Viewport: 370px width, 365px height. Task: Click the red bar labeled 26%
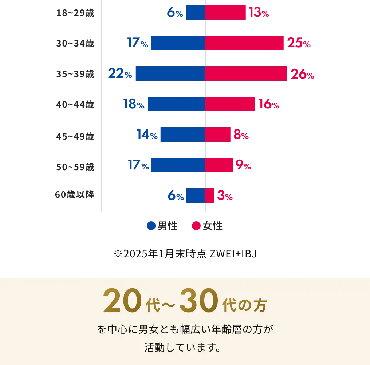[x=246, y=74]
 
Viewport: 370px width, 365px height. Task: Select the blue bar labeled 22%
[x=170, y=74]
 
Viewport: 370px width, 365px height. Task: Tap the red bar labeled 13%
[x=225, y=13]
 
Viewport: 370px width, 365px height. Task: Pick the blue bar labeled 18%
[x=176, y=104]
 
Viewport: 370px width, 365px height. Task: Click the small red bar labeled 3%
[x=210, y=196]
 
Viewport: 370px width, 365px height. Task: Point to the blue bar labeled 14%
[x=182, y=135]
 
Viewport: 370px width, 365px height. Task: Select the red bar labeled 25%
[x=244, y=43]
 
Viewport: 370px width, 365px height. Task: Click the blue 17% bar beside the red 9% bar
[x=178, y=165]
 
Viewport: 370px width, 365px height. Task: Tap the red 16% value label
[x=268, y=105]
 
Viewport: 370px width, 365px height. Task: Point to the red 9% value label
[x=243, y=166]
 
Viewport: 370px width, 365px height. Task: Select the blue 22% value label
[x=120, y=74]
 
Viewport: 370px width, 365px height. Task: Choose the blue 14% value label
[x=147, y=135]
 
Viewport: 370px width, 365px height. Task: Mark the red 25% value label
[x=299, y=44]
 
